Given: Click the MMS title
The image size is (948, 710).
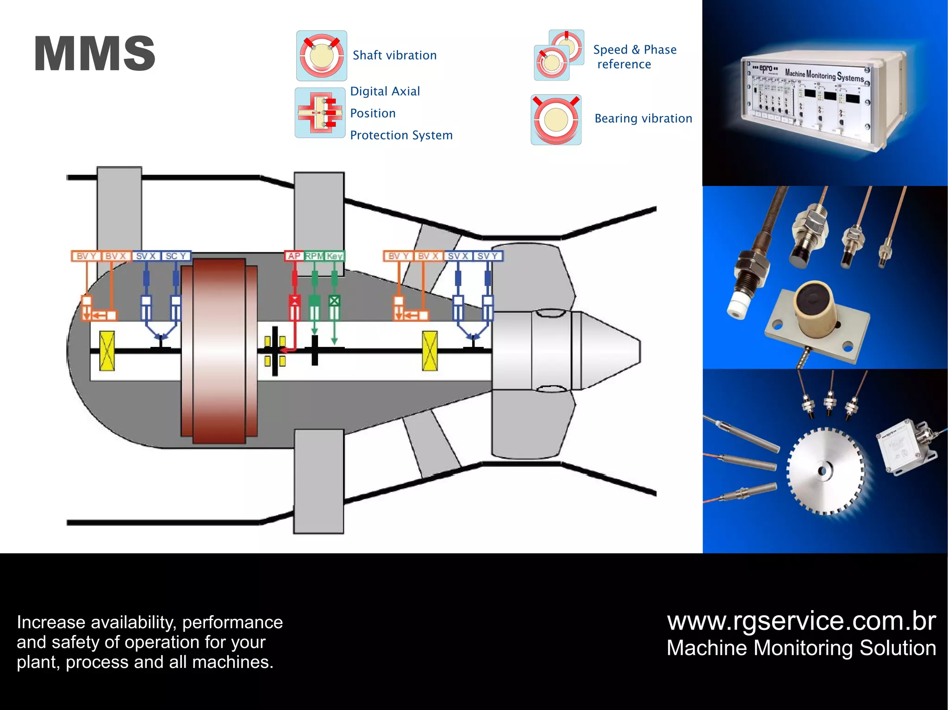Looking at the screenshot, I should (94, 54).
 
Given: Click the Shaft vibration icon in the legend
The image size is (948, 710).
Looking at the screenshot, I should (322, 56).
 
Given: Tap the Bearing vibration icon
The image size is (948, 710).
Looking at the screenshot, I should (556, 120).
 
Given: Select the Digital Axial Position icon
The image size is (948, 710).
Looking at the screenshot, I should (320, 113).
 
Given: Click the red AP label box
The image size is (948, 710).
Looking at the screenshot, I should (294, 256).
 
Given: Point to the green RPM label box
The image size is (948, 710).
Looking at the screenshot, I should (314, 256).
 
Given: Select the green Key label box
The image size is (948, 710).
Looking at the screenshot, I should (334, 256).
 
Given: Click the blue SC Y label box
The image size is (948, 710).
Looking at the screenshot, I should (175, 256).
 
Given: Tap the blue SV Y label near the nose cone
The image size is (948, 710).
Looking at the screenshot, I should (487, 256).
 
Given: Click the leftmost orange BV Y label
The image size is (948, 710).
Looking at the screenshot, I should (86, 256).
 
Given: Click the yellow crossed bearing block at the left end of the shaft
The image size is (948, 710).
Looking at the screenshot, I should (107, 351).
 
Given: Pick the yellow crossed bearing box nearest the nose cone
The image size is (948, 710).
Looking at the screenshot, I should (430, 351).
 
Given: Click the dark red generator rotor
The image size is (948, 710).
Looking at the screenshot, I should (219, 351).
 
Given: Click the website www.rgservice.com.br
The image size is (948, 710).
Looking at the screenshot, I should (801, 621).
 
